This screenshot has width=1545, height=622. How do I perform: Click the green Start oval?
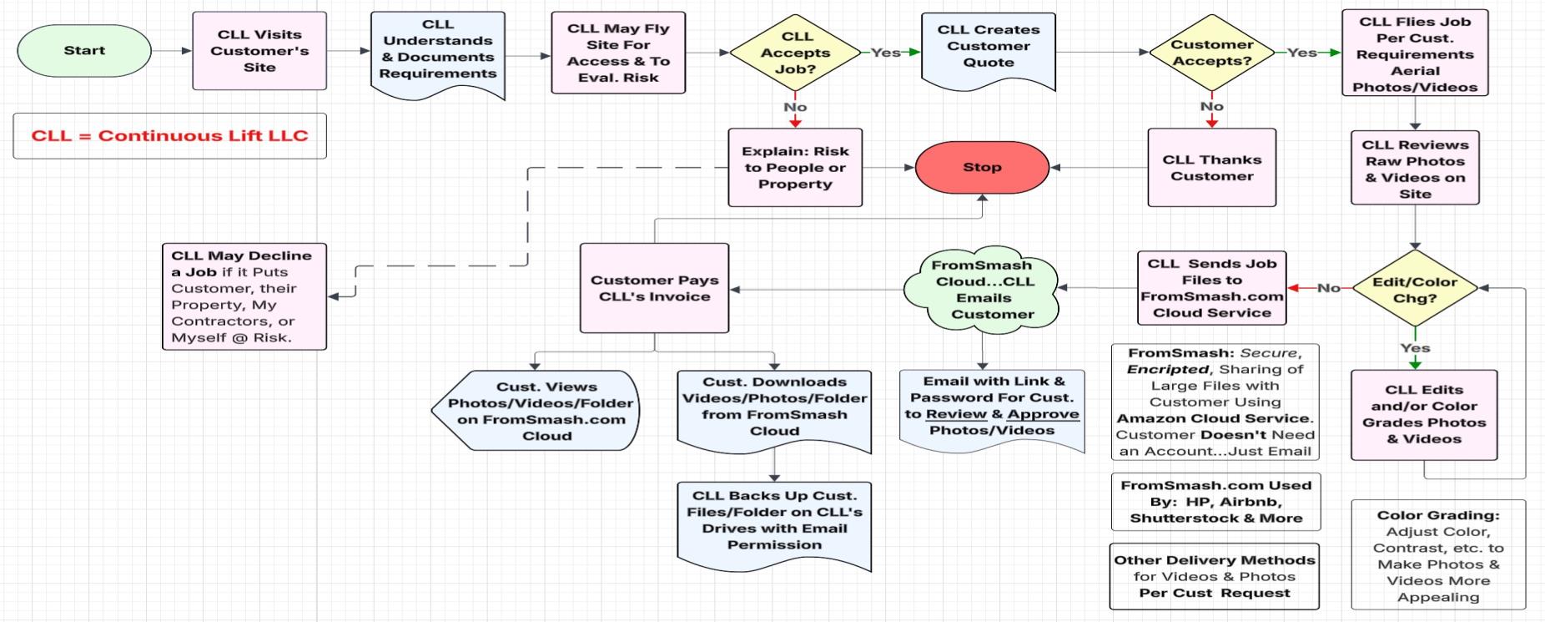click(84, 50)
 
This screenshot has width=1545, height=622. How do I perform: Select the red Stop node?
click(982, 167)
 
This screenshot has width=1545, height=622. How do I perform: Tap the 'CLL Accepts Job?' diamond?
click(796, 53)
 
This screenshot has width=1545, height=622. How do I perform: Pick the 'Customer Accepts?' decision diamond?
click(1211, 53)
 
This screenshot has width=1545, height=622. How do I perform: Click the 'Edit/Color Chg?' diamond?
click(1415, 289)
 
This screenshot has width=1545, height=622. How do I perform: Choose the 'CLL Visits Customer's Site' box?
click(259, 50)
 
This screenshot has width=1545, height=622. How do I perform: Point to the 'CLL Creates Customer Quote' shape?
click(989, 47)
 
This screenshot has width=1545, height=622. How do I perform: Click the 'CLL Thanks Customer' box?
click(1211, 167)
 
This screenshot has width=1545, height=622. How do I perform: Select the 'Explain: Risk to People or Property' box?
click(795, 167)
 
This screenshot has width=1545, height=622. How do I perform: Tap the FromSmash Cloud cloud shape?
click(984, 289)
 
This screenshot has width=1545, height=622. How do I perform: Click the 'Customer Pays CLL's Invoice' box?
click(655, 288)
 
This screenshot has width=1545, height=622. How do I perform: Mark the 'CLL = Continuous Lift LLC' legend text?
click(169, 135)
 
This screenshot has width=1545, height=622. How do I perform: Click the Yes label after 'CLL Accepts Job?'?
click(885, 53)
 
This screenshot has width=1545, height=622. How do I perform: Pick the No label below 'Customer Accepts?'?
click(1211, 106)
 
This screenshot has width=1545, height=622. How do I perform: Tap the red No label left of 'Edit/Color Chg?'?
click(1328, 288)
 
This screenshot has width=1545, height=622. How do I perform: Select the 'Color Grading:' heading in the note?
click(1438, 515)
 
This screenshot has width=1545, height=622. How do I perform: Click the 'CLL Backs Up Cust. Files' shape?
click(774, 520)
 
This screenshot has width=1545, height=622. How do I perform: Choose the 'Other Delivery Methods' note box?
click(1215, 576)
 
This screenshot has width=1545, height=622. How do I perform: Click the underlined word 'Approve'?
click(1043, 414)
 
